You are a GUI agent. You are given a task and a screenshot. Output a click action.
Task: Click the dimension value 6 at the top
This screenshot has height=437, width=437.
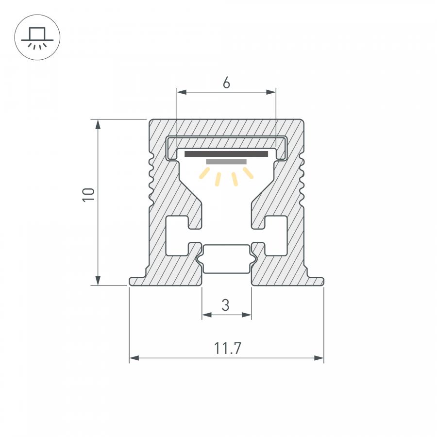click(226, 83)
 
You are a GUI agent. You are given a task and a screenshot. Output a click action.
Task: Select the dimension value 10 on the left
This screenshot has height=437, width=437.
click(89, 195)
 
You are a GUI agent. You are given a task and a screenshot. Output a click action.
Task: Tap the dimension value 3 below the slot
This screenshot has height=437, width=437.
click(225, 305)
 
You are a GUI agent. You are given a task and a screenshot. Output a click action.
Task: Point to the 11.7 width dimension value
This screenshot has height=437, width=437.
click(227, 348)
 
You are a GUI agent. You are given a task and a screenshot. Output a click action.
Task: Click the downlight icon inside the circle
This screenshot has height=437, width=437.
click(37, 38)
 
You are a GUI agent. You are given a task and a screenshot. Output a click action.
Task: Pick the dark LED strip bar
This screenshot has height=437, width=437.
click(226, 154)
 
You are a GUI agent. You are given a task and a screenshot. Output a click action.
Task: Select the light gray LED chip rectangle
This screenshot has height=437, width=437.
click(226, 162)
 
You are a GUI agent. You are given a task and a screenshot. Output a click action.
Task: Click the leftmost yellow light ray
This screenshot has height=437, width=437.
click(204, 173)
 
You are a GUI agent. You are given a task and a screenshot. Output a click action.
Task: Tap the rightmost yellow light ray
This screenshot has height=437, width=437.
click(248, 173)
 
